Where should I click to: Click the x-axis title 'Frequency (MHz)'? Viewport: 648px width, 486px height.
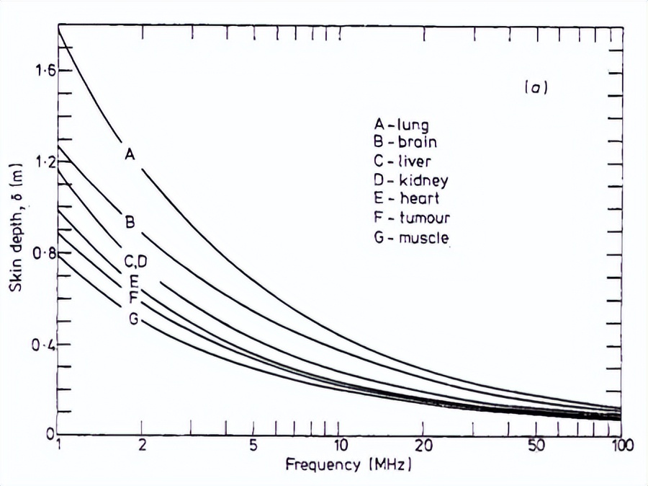pyautogui.click(x=348, y=464)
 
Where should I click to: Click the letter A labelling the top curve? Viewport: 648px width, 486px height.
pyautogui.click(x=130, y=154)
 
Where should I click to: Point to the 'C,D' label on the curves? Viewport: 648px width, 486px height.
pyautogui.click(x=135, y=261)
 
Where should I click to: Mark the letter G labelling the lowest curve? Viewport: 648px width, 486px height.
pyautogui.click(x=133, y=319)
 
